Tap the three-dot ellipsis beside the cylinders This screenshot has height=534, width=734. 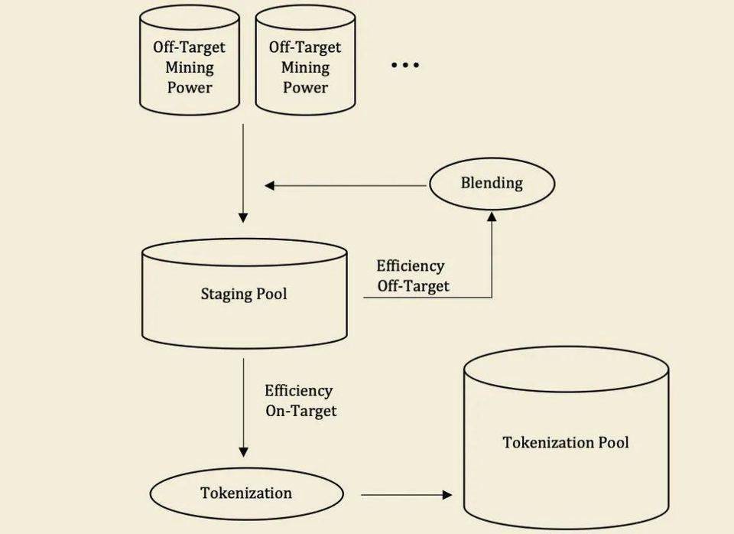point(405,66)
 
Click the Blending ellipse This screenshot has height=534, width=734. point(491,183)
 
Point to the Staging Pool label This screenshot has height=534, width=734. point(244,294)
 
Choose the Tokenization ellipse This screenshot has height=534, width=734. point(246,493)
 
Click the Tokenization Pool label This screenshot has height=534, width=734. point(566,442)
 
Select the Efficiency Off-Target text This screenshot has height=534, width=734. point(412,276)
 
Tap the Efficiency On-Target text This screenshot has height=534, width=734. point(300,401)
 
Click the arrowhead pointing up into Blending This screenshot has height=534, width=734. point(492,217)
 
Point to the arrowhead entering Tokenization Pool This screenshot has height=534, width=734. point(447,495)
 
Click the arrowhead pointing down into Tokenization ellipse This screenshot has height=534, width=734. point(244,452)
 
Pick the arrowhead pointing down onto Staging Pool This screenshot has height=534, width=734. point(243,217)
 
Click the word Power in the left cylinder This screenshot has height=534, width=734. point(190,87)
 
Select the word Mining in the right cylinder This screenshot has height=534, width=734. point(305,67)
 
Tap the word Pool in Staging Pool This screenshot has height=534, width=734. point(271,294)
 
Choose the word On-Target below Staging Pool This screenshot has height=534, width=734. point(301,411)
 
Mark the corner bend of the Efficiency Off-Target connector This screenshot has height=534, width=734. point(492,297)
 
